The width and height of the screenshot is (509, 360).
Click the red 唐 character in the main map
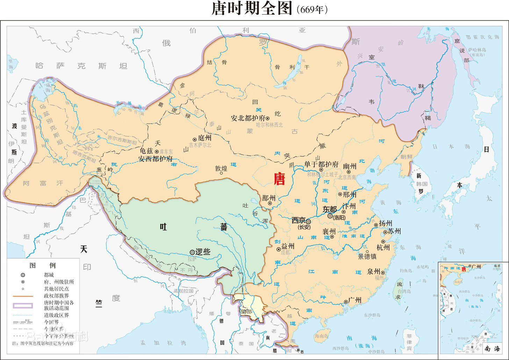pyautogui.click(x=279, y=179)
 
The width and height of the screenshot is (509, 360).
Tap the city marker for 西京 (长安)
pyautogui.click(x=308, y=221)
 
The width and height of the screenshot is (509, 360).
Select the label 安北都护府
pyautogui.click(x=248, y=118)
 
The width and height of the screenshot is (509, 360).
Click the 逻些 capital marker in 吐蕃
pyautogui.click(x=192, y=252)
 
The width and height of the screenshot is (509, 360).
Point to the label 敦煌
pyautogui.click(x=221, y=168)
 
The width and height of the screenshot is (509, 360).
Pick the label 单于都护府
pyautogui.click(x=321, y=164)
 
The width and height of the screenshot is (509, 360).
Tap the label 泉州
pyautogui.click(x=374, y=271)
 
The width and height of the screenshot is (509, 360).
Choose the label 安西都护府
pyautogui.click(x=156, y=158)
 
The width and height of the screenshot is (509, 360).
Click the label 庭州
pyautogui.click(x=205, y=138)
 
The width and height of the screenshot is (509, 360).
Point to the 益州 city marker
pyautogui.click(x=279, y=249)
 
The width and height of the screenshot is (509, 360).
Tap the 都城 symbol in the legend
pyautogui.click(x=23, y=275)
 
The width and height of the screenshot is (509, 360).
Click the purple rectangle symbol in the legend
pyautogui.click(x=23, y=305)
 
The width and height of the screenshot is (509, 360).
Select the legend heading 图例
pyautogui.click(x=42, y=265)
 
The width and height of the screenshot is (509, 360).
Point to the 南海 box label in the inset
pyautogui.click(x=492, y=348)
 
